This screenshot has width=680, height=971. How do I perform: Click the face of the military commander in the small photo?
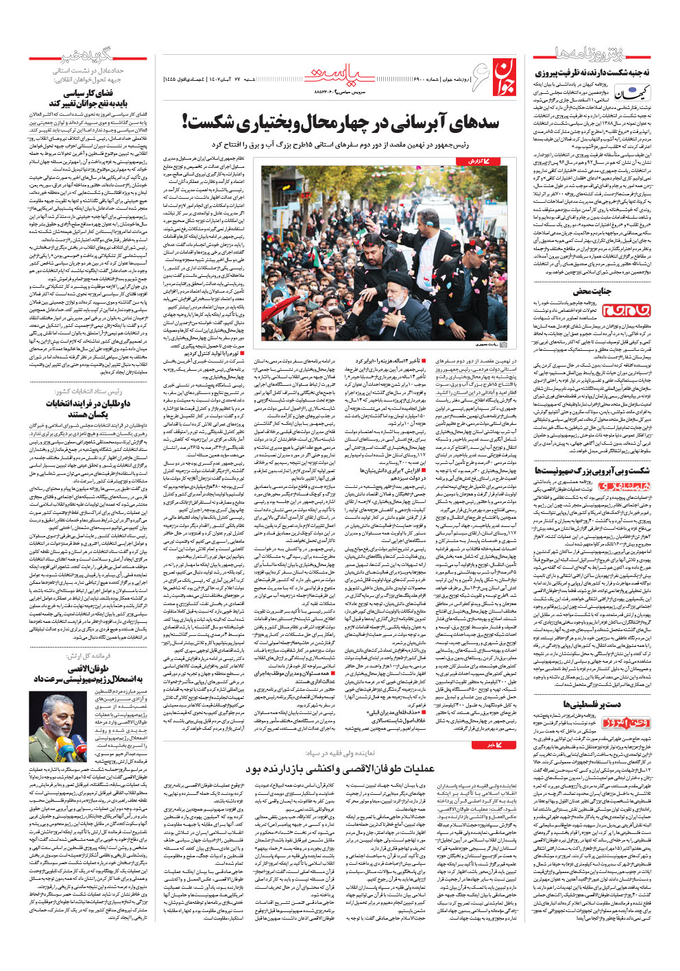(60, 713)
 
